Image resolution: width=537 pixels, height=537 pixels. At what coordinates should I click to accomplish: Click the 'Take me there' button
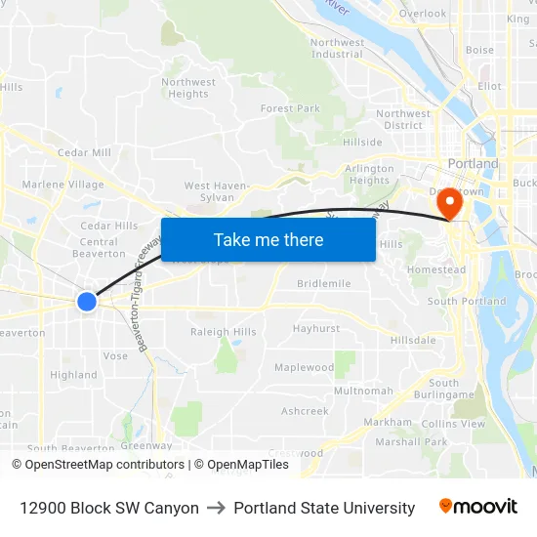click(268, 239)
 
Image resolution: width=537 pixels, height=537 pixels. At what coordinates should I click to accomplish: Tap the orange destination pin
click(450, 203)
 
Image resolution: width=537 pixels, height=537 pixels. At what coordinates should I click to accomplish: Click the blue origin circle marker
click(87, 302)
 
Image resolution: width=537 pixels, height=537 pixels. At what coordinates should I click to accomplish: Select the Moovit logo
click(478, 507)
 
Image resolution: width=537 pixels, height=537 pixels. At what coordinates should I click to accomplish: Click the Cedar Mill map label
click(84, 152)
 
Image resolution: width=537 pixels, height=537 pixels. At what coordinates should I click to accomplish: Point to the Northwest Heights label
click(188, 88)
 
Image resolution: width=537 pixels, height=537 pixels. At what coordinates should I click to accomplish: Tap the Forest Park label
click(290, 108)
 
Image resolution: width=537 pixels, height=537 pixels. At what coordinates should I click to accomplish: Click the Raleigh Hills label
click(224, 332)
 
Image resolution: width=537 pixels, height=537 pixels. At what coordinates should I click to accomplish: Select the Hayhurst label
click(316, 329)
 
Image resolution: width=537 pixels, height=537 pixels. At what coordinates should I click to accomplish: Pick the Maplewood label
click(304, 368)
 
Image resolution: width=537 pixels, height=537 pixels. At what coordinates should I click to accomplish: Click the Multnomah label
click(363, 391)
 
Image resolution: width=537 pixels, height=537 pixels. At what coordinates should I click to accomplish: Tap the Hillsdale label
click(413, 340)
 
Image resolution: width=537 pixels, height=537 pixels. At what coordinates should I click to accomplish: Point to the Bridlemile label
click(324, 283)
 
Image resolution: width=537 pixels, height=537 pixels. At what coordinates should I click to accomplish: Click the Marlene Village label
click(62, 185)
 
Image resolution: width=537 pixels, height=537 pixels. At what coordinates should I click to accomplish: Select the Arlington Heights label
click(369, 175)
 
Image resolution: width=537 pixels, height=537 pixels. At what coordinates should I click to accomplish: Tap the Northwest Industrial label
click(337, 48)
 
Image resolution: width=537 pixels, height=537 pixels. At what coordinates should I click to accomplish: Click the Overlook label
click(422, 14)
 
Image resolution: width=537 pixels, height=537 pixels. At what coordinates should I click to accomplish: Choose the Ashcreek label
click(305, 411)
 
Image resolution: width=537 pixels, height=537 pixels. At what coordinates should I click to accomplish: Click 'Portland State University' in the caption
click(324, 508)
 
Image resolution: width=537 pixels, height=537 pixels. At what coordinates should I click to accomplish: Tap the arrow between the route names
click(216, 508)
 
